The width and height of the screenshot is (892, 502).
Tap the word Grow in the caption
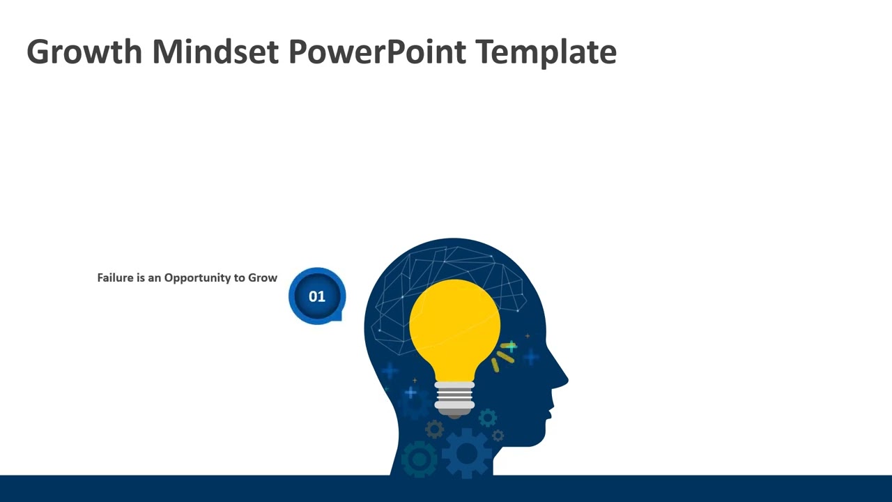(263, 277)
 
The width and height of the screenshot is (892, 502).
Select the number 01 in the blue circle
(317, 296)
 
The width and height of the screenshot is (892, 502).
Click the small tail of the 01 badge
(339, 317)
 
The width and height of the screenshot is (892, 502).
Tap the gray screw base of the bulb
(454, 397)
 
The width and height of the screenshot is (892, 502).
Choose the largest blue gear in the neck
(467, 454)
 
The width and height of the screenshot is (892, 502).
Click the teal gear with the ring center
(420, 459)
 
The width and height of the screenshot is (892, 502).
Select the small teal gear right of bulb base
(487, 418)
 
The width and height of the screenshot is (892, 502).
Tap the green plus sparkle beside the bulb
(511, 347)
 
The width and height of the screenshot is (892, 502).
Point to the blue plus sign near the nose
(531, 357)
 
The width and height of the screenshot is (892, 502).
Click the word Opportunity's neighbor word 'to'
(238, 277)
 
